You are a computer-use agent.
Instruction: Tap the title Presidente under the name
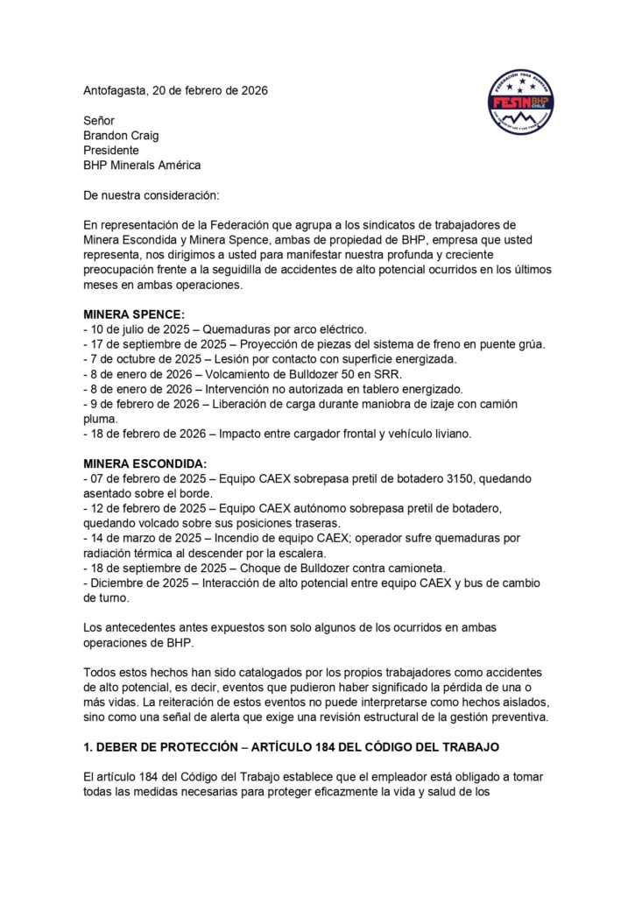(x=111, y=150)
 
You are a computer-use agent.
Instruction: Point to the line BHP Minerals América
(x=142, y=165)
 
